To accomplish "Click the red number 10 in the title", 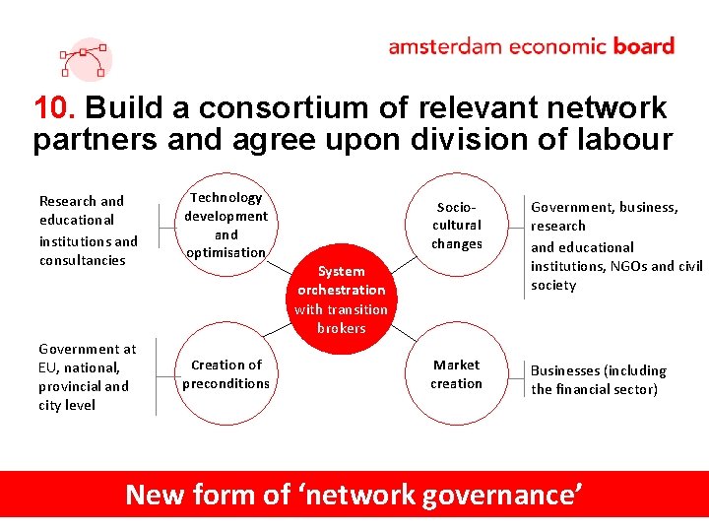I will tap(48, 107).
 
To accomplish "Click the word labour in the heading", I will tap(621, 139).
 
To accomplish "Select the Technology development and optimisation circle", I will tap(226, 225).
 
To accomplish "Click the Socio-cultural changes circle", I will tap(457, 226).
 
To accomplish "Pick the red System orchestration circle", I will tap(342, 299).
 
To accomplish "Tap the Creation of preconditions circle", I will tap(226, 373).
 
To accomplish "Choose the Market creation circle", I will tap(457, 373).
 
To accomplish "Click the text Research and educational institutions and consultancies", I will tap(89, 231).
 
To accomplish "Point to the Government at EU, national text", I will tap(88, 358).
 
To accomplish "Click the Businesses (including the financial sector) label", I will tap(599, 379).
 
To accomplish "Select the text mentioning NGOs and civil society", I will tap(616, 266).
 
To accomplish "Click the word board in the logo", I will tap(643, 46).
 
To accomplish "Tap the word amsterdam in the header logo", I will tap(443, 46).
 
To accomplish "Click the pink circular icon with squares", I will tap(84, 59).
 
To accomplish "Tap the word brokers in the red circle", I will tap(342, 328).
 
